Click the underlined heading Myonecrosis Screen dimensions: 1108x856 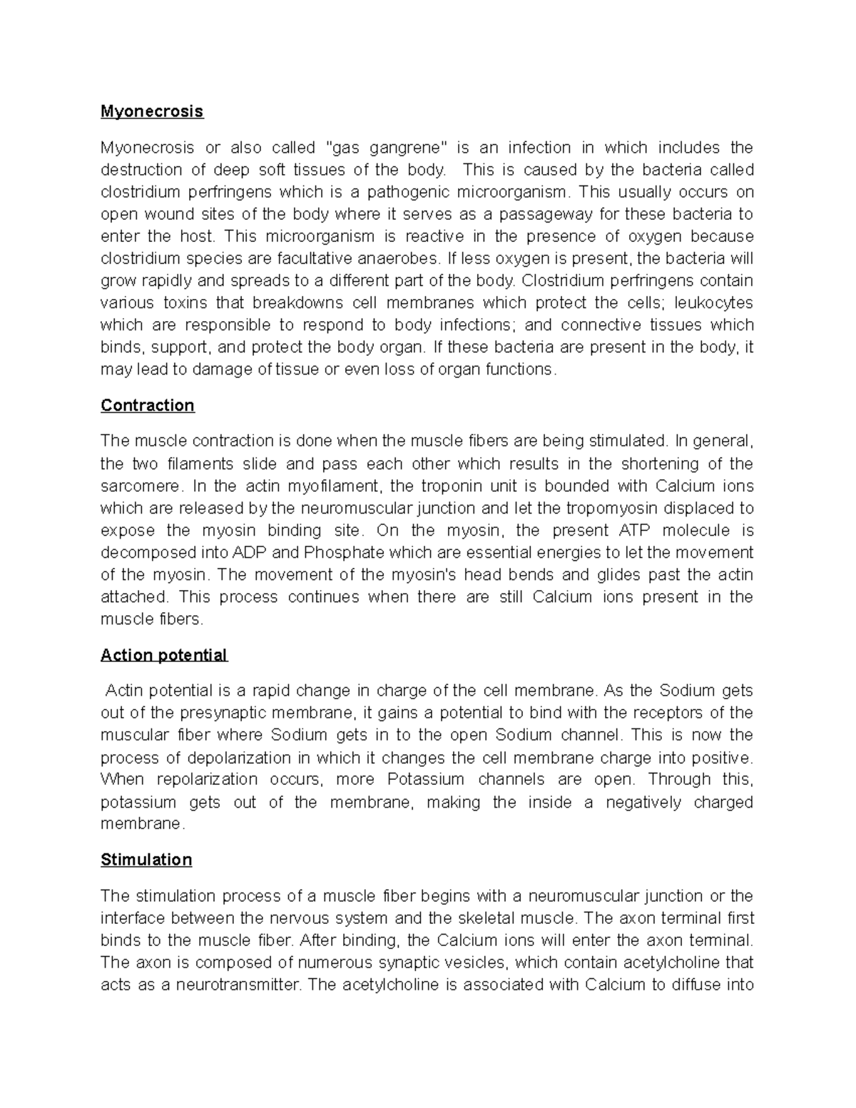(152, 111)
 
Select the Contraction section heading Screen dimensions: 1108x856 (148, 405)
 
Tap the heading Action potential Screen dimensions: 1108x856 (164, 655)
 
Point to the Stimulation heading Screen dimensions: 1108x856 (146, 860)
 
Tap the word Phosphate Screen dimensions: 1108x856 (344, 553)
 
